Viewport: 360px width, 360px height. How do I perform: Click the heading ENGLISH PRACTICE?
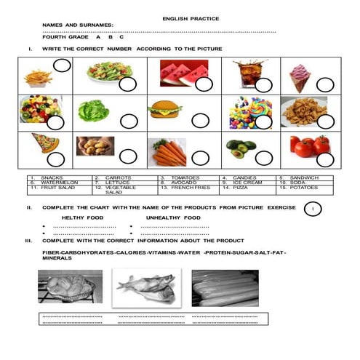191,18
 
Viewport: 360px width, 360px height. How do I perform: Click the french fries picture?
38,76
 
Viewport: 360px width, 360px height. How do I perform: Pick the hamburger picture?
164,110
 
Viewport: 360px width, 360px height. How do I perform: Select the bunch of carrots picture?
169,151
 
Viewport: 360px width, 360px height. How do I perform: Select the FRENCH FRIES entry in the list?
184,187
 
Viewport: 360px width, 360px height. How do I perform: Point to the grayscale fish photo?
145,287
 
